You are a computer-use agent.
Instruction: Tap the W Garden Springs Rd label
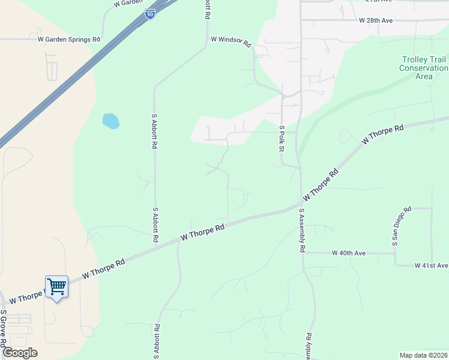[x=68, y=40]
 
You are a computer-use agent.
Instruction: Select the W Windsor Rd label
[x=230, y=40]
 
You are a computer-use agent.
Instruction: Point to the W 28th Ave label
[x=375, y=20]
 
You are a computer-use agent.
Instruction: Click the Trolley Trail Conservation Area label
[x=424, y=68]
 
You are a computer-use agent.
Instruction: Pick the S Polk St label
[x=281, y=138]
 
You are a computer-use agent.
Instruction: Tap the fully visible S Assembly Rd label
[x=302, y=230]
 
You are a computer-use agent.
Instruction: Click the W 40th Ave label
[x=348, y=253]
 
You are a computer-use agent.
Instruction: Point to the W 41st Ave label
[x=431, y=265]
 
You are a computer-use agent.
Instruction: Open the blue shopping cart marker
[x=56, y=287]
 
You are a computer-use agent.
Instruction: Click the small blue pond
[x=110, y=121]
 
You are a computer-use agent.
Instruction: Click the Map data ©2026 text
[x=423, y=355]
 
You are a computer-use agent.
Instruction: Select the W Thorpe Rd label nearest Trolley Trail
[x=382, y=135]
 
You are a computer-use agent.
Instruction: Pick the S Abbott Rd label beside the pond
[x=155, y=131]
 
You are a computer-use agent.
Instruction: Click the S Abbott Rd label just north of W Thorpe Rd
[x=155, y=224]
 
